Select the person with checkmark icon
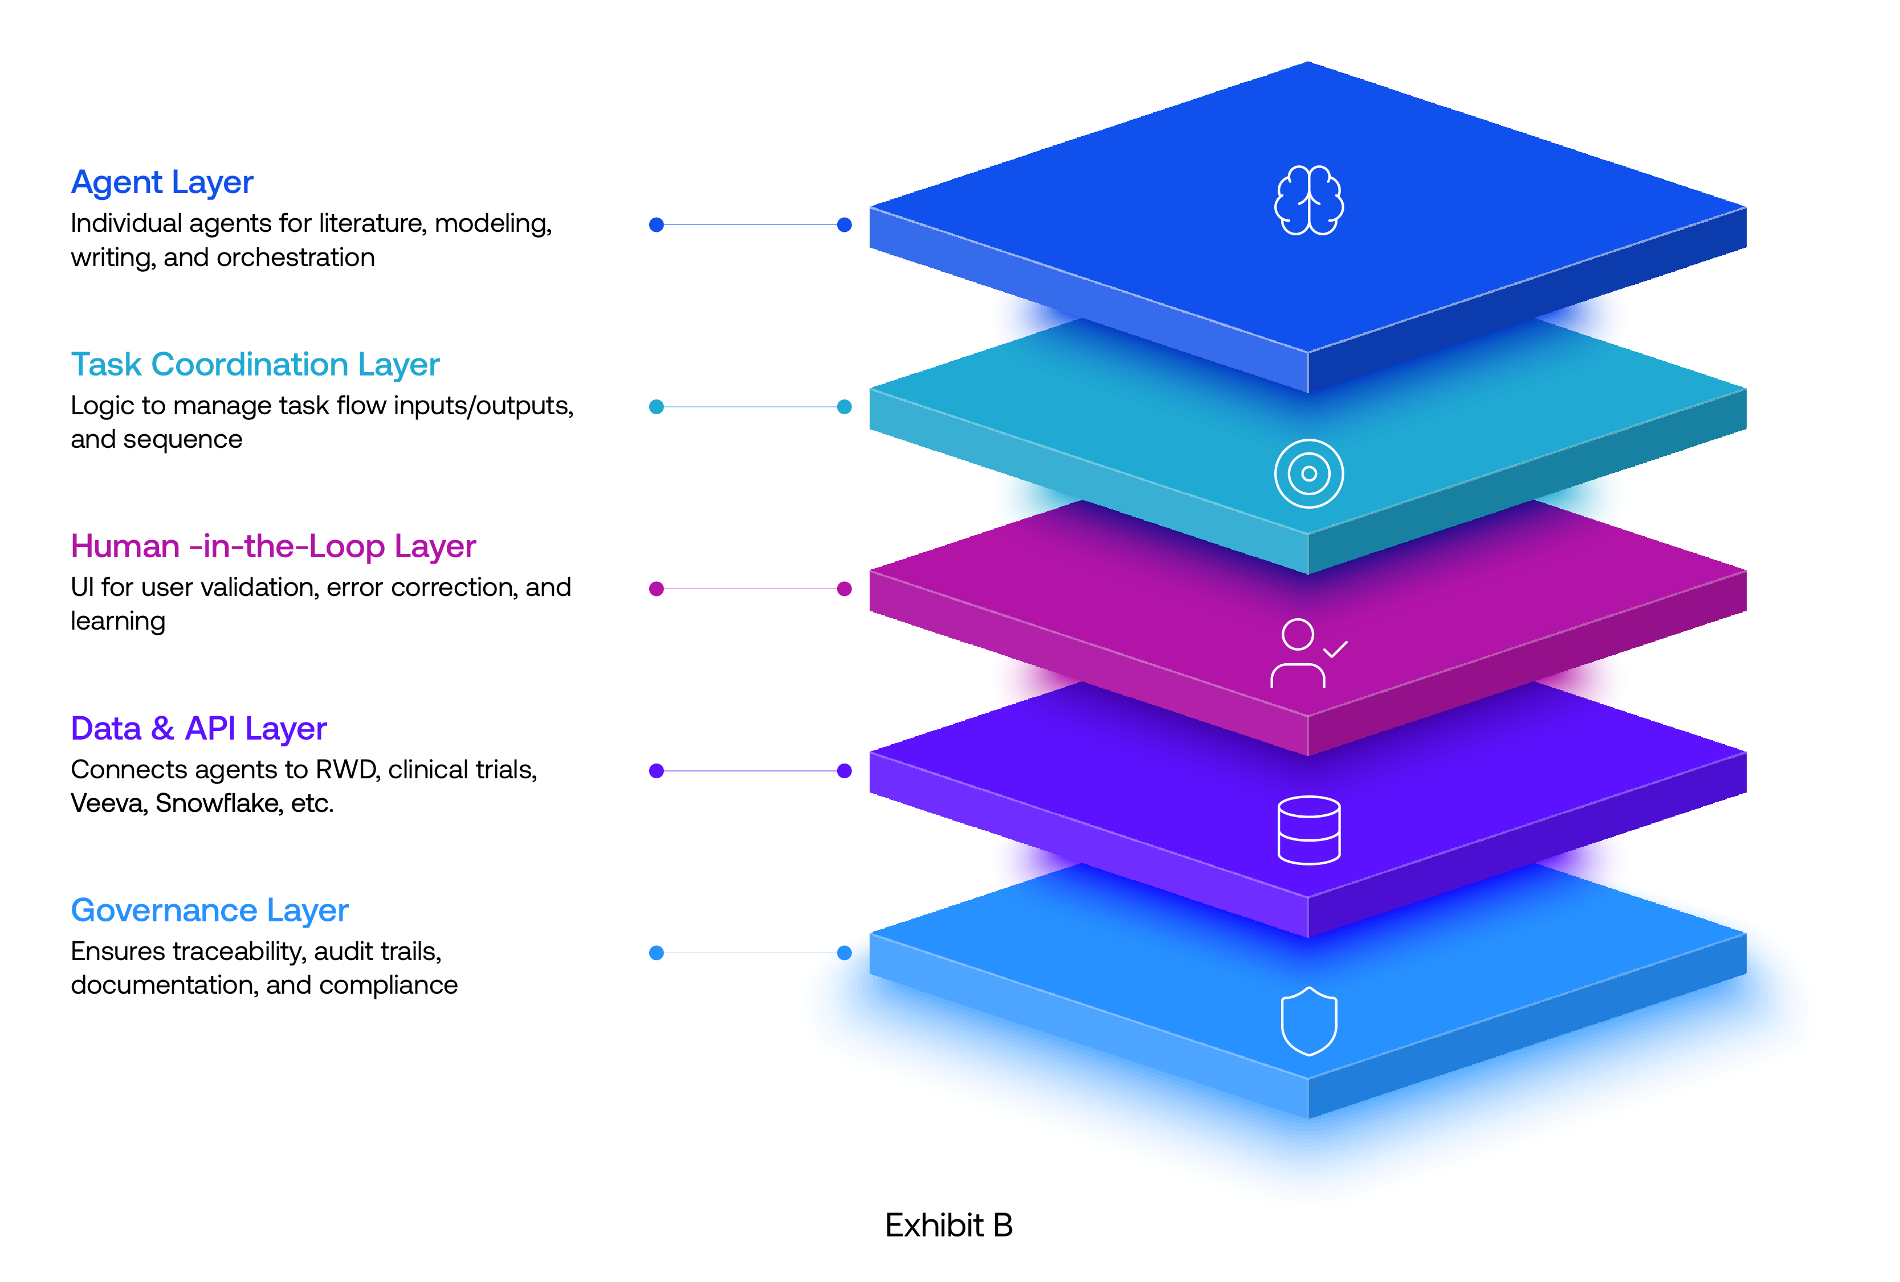pyautogui.click(x=1306, y=654)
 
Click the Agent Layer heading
pyautogui.click(x=162, y=182)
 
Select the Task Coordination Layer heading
pyautogui.click(x=255, y=365)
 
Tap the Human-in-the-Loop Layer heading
pyautogui.click(x=273, y=546)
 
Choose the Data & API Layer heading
pyautogui.click(x=199, y=729)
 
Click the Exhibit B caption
pyautogui.click(x=948, y=1225)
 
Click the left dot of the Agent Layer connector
pyautogui.click(x=656, y=225)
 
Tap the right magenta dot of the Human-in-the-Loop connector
pyautogui.click(x=845, y=589)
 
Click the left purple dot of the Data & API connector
pyautogui.click(x=656, y=770)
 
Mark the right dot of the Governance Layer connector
pyautogui.click(x=845, y=953)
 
